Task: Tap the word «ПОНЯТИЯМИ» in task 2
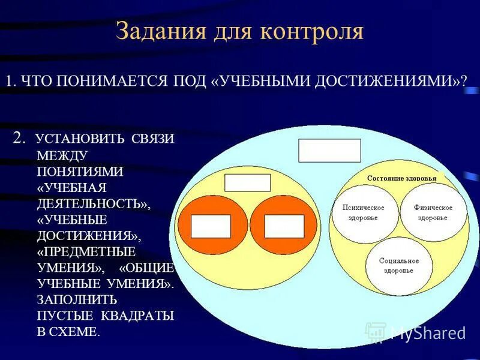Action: click(80, 172)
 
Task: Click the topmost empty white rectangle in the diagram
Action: click(329, 151)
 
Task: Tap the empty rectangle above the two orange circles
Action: click(247, 182)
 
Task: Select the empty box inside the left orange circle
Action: click(211, 226)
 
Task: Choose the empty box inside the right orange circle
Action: click(284, 226)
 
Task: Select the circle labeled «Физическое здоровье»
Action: click(433, 212)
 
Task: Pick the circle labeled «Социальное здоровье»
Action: click(399, 266)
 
